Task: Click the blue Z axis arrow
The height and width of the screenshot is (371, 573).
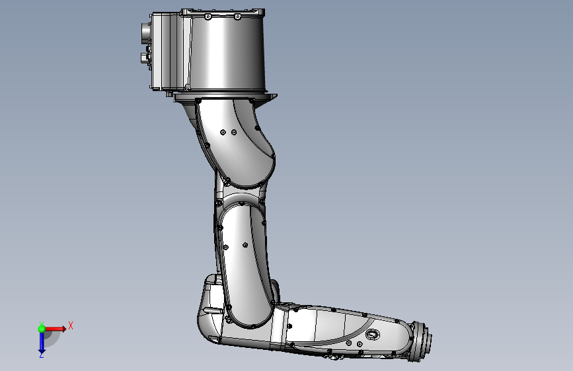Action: point(41,342)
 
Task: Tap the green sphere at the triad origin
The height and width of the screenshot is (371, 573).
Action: point(42,328)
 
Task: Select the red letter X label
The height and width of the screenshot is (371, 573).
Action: point(70,325)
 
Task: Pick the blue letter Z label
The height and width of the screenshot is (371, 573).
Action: point(41,355)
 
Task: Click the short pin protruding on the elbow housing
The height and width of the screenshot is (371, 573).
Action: point(213,308)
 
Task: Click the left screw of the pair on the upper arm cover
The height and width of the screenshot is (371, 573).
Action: point(223,132)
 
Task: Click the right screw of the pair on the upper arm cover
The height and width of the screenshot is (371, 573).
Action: point(233,132)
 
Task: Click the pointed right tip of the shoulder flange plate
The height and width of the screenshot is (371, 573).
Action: point(276,97)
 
